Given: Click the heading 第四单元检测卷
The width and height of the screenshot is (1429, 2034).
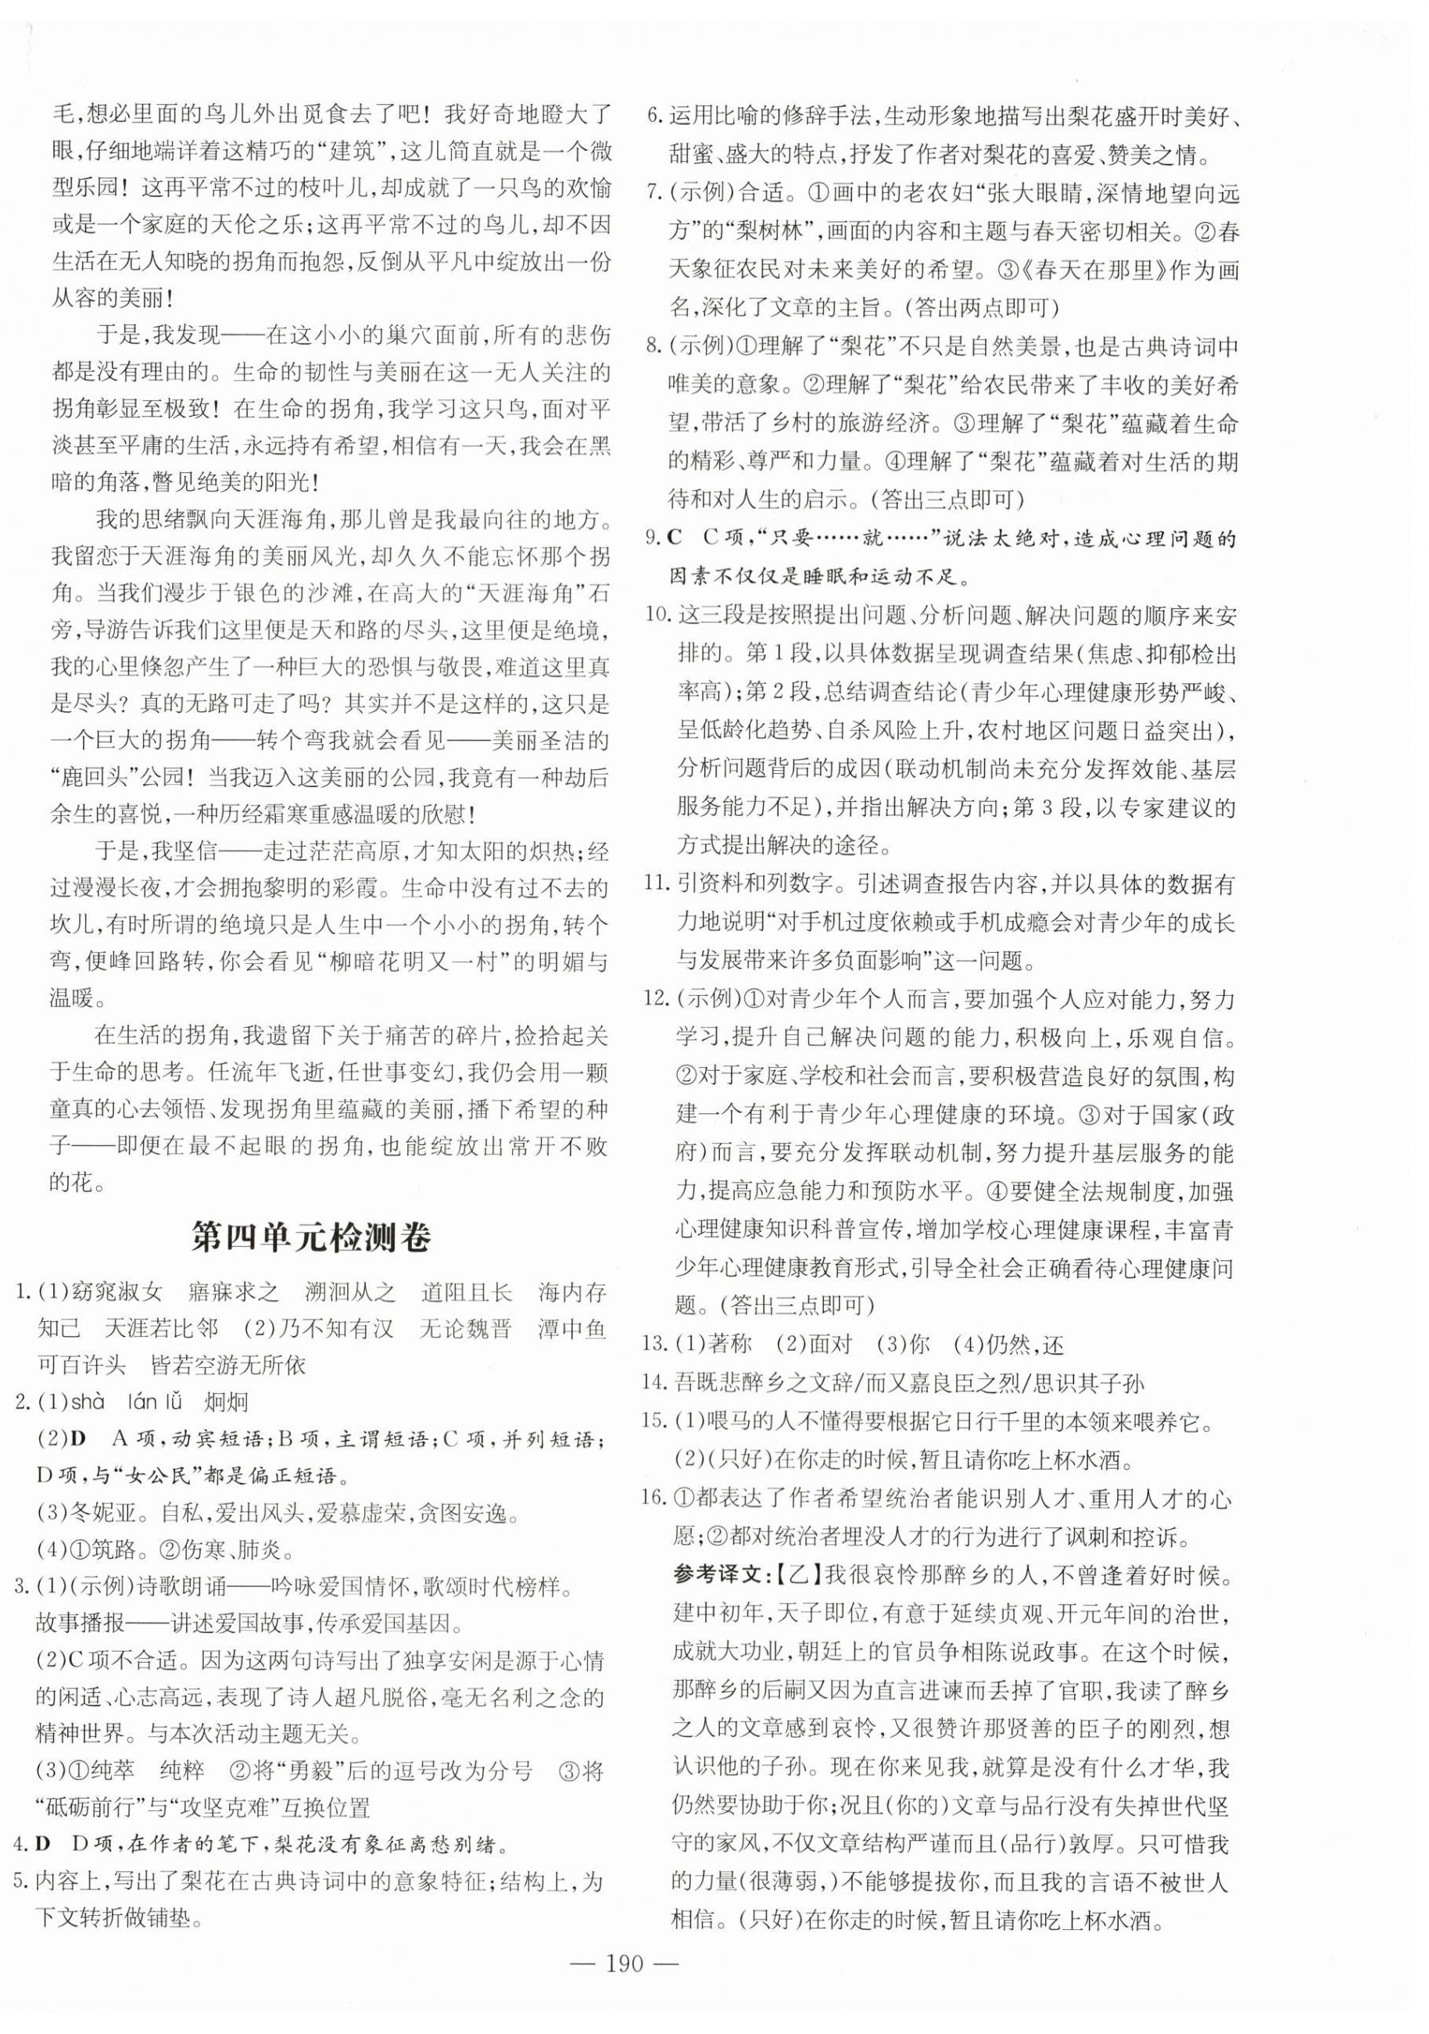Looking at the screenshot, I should (311, 1237).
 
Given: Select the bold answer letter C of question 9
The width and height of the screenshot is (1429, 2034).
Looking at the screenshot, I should (676, 539).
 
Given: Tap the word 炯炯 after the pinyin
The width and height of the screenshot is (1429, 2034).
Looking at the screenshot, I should (225, 1402).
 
